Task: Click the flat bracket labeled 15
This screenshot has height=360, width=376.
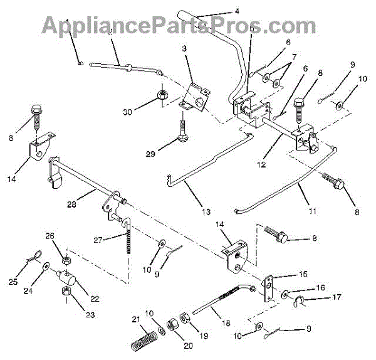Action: coord(268,287)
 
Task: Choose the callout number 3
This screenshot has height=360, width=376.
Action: coord(185,48)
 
